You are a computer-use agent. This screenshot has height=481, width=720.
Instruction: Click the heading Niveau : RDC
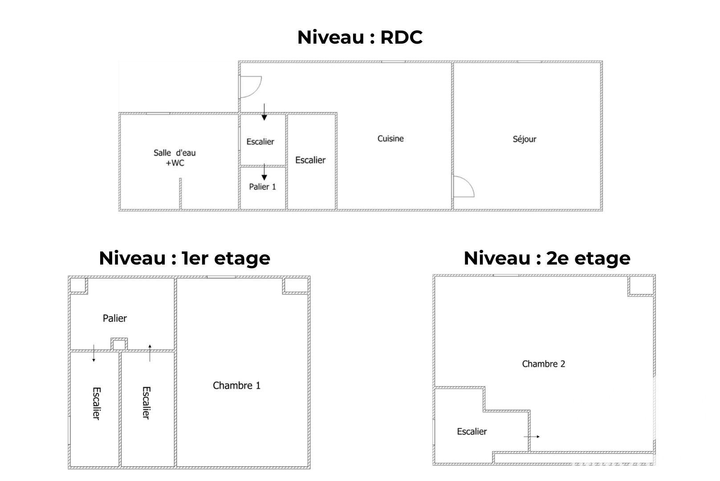[x=360, y=37]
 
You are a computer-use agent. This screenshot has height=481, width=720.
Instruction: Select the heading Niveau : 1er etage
[x=184, y=258]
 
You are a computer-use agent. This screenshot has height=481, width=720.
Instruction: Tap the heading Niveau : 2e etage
[x=547, y=258]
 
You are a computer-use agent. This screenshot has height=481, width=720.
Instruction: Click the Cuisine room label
[x=391, y=139]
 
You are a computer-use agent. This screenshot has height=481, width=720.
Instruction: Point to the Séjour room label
[x=525, y=139]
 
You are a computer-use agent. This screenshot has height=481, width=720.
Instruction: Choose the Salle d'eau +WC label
[x=175, y=158]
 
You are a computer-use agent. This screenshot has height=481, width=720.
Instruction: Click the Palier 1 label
[x=263, y=187]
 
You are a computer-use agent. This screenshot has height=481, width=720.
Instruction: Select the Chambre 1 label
[x=236, y=385]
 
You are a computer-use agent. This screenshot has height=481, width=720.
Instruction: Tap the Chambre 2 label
[x=544, y=363]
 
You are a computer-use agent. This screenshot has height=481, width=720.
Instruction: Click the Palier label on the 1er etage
[x=115, y=318]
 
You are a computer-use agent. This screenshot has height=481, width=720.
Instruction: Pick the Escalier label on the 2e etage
[x=472, y=431]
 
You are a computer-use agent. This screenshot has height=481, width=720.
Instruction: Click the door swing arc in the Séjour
[x=469, y=183]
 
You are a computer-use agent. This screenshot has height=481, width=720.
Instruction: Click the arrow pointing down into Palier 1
[x=264, y=172]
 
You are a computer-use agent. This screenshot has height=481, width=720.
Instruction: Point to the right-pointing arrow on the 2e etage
[x=532, y=436]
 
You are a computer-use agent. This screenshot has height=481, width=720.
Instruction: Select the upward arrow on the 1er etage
[x=150, y=353]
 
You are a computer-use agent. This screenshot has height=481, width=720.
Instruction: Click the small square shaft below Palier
[x=119, y=344]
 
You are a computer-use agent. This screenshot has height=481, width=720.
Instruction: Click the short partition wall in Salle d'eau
[x=180, y=194]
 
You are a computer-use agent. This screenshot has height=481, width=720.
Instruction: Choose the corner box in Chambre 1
[x=296, y=285]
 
